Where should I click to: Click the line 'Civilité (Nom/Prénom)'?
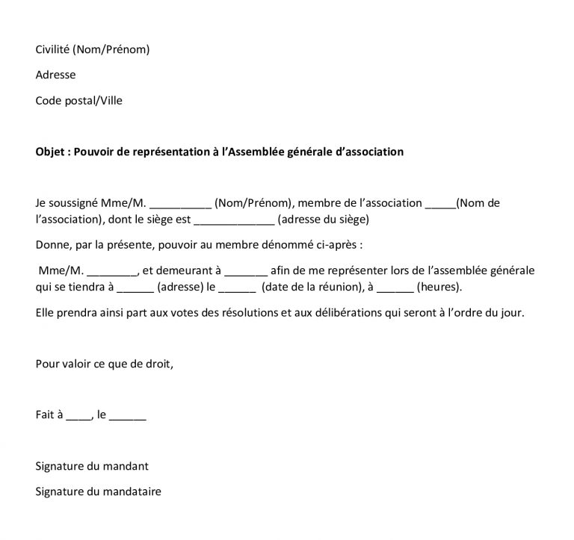[x=93, y=50]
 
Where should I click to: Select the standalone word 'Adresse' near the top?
[x=55, y=75]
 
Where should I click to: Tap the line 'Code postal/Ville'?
[x=78, y=100]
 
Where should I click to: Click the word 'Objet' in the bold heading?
[x=50, y=152]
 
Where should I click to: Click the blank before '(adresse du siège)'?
[x=234, y=220]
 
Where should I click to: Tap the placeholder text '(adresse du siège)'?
[x=323, y=220]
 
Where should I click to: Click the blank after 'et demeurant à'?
[x=246, y=272]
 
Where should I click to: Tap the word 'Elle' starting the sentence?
[x=45, y=313]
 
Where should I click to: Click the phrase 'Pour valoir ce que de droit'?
[x=104, y=364]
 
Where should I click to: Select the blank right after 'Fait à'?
[x=78, y=416]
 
